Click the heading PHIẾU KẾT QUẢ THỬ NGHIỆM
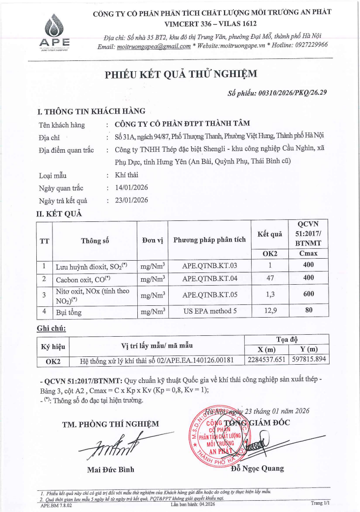[180, 74]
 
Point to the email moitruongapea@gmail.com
[154, 46]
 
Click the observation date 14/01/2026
[131, 188]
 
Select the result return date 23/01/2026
[131, 200]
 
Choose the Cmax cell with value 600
[309, 295]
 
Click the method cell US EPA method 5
[209, 311]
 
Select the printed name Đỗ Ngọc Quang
[257, 468]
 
